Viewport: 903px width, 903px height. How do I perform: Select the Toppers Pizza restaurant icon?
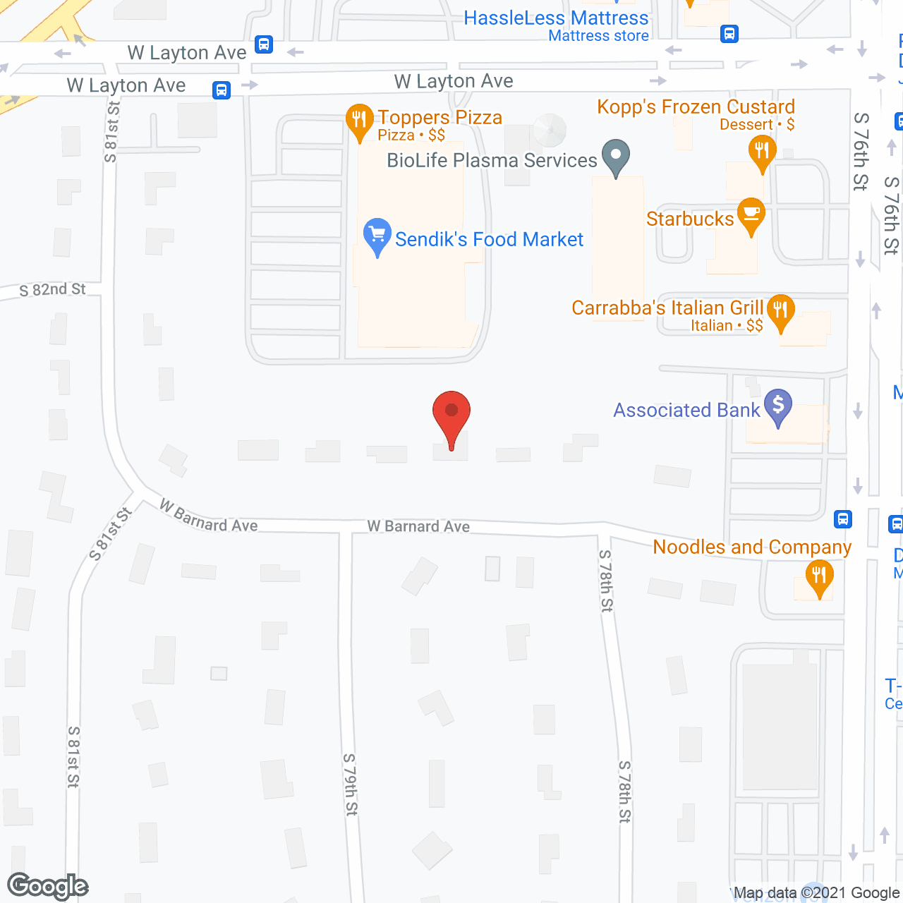pos(359,121)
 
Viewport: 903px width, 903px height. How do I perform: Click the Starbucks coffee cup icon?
pos(751,214)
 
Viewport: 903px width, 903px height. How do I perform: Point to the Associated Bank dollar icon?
pos(778,406)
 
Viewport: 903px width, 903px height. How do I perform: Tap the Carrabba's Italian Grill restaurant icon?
pos(780,310)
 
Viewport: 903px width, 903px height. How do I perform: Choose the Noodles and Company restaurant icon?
pos(819,576)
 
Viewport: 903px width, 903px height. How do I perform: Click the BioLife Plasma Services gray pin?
pos(616,154)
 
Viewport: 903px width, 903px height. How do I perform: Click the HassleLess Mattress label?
pos(556,18)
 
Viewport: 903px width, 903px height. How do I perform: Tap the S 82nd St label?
pos(52,290)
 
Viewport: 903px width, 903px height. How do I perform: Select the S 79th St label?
pos(351,784)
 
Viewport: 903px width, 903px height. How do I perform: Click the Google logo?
pos(47,886)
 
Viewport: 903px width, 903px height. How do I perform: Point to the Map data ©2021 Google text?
pos(816,893)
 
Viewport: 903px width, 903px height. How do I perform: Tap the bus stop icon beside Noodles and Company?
pos(842,519)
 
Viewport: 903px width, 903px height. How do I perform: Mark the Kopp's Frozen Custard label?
pos(696,107)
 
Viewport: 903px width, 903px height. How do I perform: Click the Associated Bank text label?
pos(686,411)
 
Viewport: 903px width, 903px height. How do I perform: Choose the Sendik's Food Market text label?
pos(489,240)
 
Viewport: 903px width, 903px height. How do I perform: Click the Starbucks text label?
pos(690,219)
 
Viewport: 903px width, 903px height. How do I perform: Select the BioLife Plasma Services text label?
pos(492,161)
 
